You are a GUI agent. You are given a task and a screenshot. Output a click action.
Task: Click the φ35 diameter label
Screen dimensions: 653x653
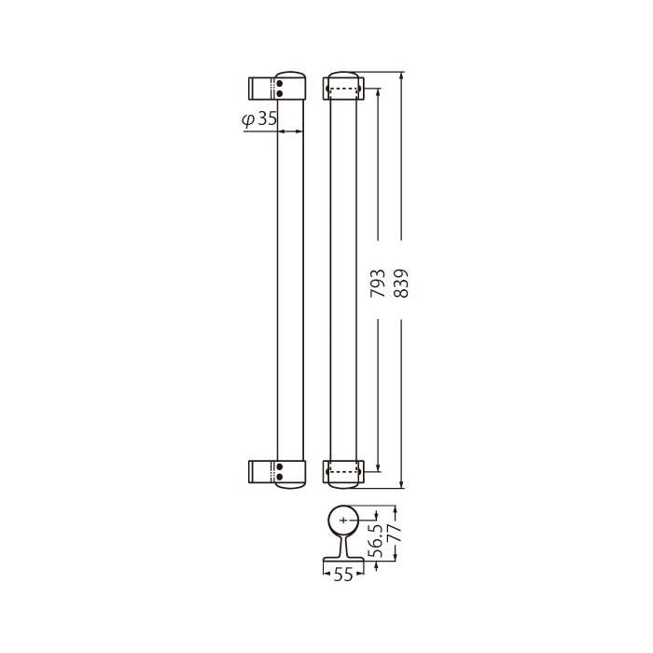[x=259, y=119]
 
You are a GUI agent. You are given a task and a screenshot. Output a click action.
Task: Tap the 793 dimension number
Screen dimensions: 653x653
[x=378, y=284]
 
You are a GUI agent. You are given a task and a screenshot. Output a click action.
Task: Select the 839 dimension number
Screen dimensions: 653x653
[x=401, y=284]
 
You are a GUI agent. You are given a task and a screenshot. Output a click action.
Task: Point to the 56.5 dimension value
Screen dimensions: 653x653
[x=377, y=540]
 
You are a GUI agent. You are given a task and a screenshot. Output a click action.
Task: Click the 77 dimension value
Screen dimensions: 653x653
[x=395, y=533]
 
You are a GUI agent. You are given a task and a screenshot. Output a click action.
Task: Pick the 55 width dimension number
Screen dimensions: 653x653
[x=343, y=575]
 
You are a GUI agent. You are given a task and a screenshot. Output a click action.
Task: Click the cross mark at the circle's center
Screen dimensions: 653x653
[x=343, y=521]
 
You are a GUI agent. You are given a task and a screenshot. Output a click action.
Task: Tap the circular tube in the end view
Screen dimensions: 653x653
[x=343, y=506]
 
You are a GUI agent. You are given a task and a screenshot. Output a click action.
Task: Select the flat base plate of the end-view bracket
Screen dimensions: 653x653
[x=343, y=560]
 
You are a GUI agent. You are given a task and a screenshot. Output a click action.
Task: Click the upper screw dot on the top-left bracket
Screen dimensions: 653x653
[x=280, y=85]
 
